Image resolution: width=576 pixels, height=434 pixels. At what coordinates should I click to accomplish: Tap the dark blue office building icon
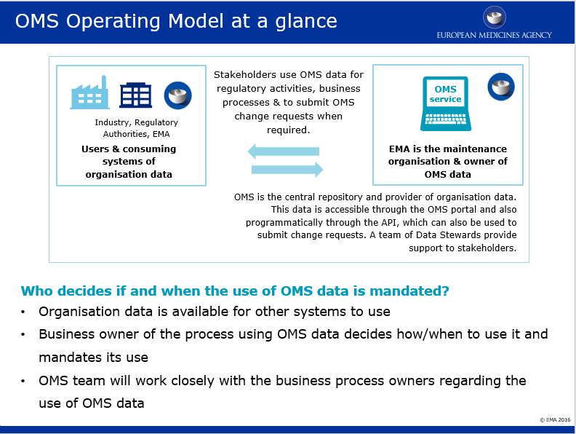point(135,95)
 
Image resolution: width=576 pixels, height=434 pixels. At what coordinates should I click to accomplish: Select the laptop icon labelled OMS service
point(446,103)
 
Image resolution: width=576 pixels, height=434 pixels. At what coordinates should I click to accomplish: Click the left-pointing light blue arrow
point(283,151)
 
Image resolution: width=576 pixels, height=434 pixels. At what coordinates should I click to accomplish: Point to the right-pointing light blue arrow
point(287,170)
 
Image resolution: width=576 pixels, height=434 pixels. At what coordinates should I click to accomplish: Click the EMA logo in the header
point(494,17)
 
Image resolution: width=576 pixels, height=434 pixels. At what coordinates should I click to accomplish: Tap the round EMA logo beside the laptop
point(501,87)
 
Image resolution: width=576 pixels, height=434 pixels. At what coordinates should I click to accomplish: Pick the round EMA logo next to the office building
point(177,95)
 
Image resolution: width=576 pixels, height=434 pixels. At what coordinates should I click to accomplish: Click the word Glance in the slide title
point(306,21)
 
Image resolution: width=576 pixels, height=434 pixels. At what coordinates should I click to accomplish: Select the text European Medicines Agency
point(494,35)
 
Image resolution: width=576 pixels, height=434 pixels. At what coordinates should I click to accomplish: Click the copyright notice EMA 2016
point(555,419)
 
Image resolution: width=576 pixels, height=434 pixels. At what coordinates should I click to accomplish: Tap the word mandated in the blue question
point(408,291)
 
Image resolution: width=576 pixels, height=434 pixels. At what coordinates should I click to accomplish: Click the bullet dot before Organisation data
point(23,312)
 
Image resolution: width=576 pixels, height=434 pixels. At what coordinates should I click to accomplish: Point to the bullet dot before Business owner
point(23,335)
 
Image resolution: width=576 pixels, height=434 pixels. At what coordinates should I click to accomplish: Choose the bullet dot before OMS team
point(23,381)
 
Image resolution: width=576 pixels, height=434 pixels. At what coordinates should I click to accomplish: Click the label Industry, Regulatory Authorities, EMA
point(136,128)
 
